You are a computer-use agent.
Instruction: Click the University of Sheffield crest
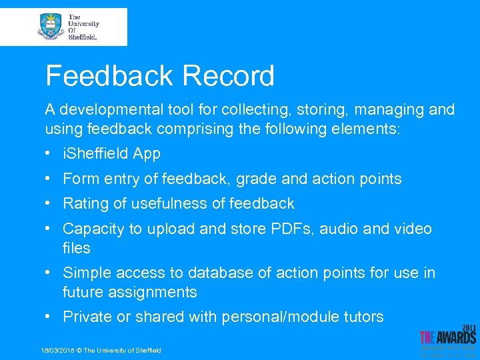51,27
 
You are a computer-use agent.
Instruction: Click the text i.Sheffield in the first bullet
95,153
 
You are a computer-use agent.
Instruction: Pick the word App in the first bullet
147,153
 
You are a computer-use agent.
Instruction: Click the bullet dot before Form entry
49,179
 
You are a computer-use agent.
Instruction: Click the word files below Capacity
76,248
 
